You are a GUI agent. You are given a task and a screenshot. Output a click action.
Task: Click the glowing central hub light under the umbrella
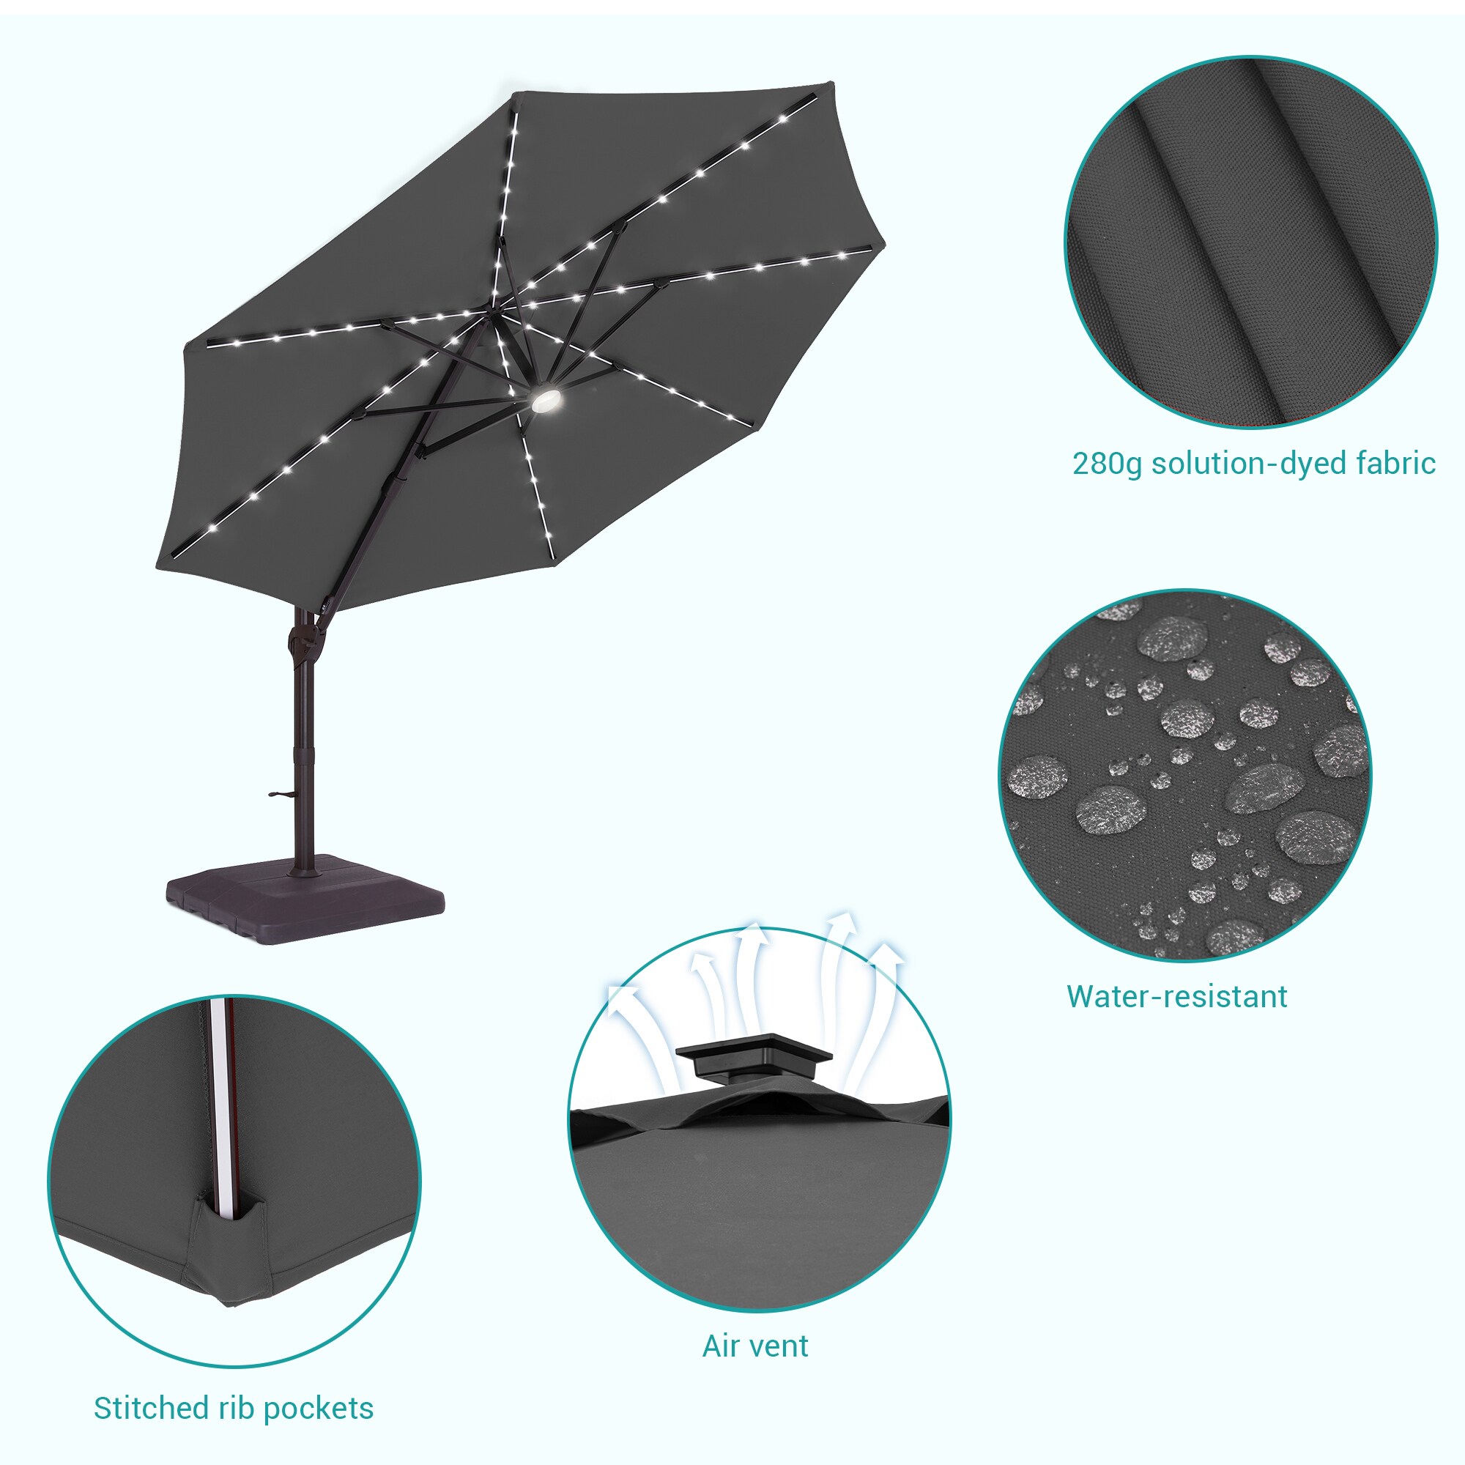point(545,401)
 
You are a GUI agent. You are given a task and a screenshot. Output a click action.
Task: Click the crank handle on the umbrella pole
point(281,795)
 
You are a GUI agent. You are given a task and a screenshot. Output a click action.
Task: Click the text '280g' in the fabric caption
point(1106,464)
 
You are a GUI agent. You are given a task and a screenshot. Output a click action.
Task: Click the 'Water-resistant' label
point(1177,996)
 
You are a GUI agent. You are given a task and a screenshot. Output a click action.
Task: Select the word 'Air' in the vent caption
point(720,1346)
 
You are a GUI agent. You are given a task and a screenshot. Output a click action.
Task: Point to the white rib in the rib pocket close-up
point(224,1107)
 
